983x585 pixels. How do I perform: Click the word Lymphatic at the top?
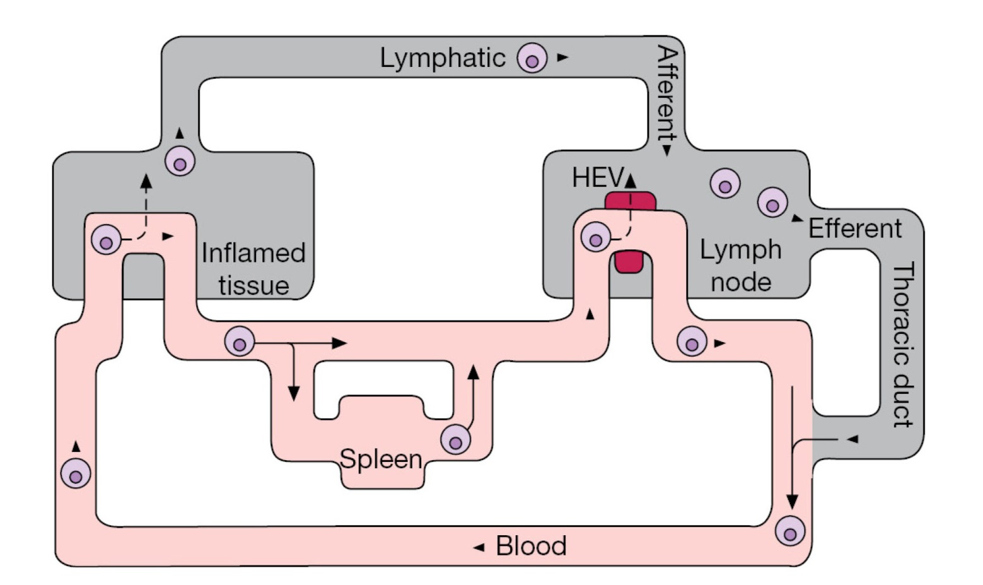(x=442, y=58)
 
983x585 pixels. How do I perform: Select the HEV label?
(x=596, y=178)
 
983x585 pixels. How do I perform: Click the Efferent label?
(x=854, y=228)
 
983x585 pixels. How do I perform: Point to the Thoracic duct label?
(x=903, y=345)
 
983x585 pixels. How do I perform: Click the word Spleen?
(x=381, y=459)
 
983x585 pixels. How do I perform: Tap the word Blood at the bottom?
(x=531, y=546)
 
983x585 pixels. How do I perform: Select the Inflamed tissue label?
(x=253, y=269)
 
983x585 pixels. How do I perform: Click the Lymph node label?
(x=741, y=266)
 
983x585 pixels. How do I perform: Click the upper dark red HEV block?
(x=630, y=201)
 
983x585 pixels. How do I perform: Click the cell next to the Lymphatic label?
(x=532, y=59)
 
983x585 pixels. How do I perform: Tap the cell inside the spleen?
(x=455, y=440)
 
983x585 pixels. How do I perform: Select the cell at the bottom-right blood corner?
(x=790, y=531)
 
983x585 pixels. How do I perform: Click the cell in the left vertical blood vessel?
(x=76, y=474)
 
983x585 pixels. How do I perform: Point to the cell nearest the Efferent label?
(x=772, y=203)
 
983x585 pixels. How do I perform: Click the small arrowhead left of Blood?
(x=479, y=547)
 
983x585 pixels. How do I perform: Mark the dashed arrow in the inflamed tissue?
(x=146, y=205)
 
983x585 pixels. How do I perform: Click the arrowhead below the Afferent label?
(x=666, y=151)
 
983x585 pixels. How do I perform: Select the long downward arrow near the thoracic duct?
(x=793, y=448)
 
